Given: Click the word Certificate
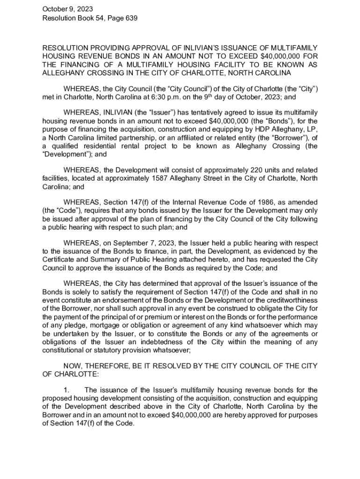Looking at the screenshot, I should coord(58,260).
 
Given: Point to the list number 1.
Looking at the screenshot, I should coord(66,390).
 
